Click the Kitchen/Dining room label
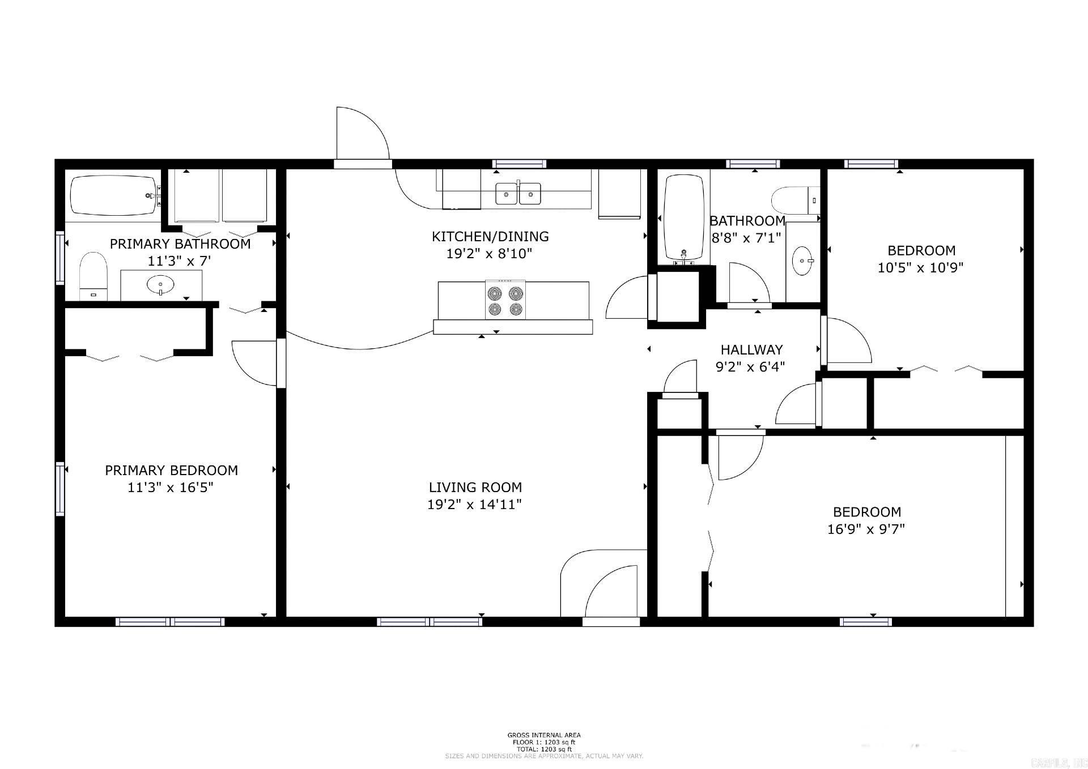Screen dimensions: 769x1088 tap(490, 236)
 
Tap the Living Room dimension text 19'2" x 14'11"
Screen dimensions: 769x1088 tap(474, 505)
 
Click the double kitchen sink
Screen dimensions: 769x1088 tap(518, 194)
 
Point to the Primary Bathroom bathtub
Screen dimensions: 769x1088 tap(113, 195)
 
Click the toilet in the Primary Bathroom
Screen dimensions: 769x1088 tap(93, 276)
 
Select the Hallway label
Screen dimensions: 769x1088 tap(751, 349)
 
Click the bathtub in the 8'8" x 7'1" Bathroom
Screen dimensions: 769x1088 tap(684, 218)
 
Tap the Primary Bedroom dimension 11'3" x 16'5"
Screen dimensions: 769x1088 tap(171, 488)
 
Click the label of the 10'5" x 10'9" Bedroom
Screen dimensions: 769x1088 tap(921, 250)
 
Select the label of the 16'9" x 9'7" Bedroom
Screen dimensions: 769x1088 tap(866, 512)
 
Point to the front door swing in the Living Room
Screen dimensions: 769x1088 tap(612, 592)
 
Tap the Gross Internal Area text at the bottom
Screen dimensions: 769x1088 tap(543, 735)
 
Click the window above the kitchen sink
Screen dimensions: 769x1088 tap(518, 164)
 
